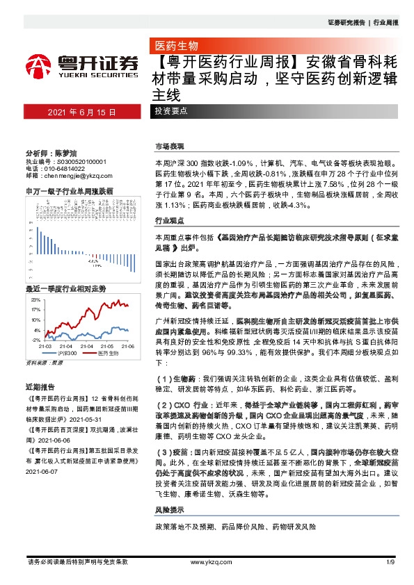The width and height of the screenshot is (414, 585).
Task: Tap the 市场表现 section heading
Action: (x=169, y=147)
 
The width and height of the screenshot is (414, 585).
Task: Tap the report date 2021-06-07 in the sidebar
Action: (x=43, y=472)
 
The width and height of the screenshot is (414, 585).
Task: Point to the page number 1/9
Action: (x=390, y=561)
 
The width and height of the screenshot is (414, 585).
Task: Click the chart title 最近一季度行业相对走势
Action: (x=65, y=288)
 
